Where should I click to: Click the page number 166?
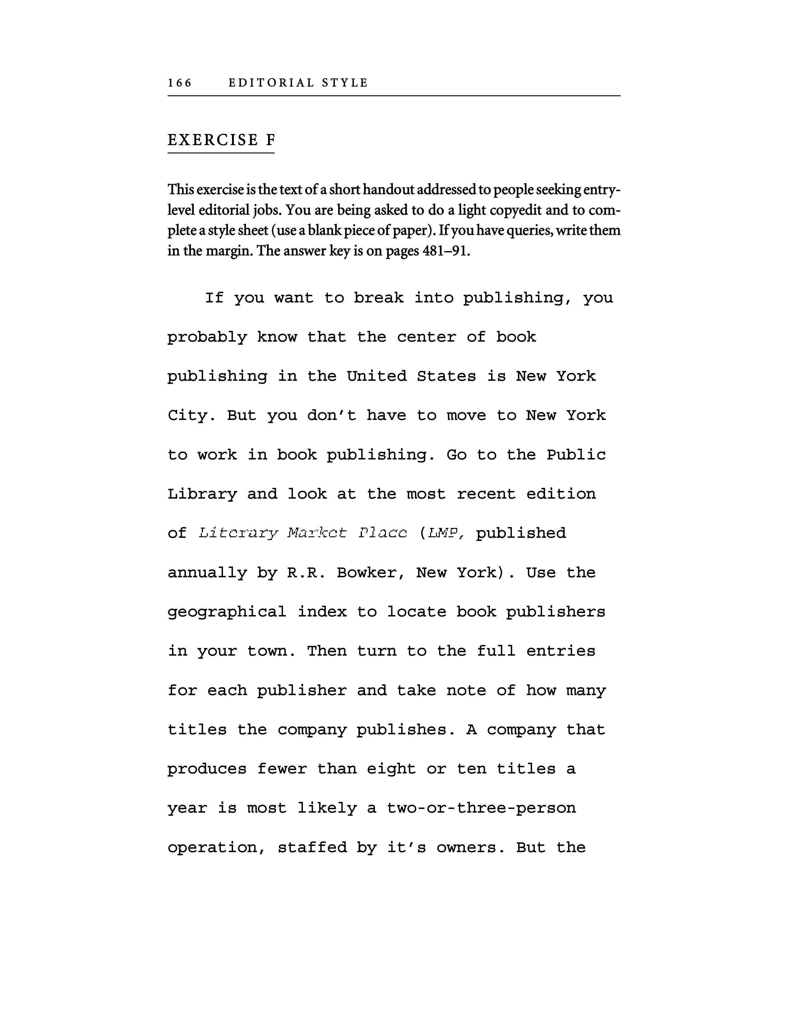pos(180,83)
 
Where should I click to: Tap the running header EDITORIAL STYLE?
pos(298,83)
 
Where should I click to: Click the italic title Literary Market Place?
pos(303,533)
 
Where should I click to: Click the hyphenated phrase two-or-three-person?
pos(481,808)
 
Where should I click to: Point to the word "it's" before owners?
pos(407,848)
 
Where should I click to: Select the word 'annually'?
pos(207,573)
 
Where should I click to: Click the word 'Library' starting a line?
pos(202,494)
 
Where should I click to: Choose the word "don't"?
pos(332,416)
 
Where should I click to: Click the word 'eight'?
pos(391,769)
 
